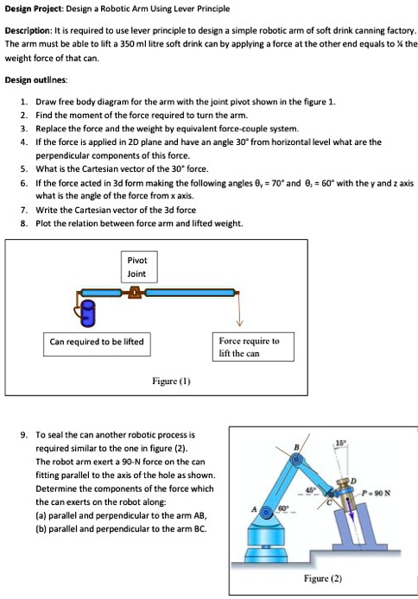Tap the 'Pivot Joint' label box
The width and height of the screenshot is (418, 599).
[137, 266]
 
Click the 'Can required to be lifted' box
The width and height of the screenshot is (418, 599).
[96, 341]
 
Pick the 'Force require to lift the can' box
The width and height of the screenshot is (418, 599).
[250, 347]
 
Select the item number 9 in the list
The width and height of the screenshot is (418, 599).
[23, 436]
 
